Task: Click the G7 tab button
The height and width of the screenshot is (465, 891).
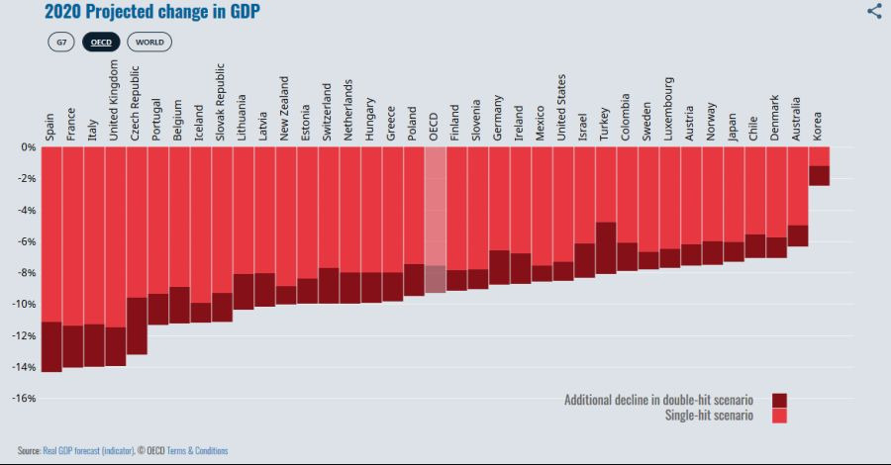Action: point(61,42)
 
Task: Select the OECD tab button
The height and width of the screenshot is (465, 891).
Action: point(101,42)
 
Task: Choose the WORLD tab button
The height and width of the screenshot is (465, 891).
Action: point(149,42)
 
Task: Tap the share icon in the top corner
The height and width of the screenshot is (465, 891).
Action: point(874,11)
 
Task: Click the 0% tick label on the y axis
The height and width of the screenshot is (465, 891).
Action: point(29,147)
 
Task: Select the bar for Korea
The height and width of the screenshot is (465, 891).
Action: point(819,165)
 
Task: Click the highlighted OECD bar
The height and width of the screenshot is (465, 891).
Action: point(435,218)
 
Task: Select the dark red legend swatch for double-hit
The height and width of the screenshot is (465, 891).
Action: point(779,400)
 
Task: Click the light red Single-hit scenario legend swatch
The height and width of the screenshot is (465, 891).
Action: point(779,416)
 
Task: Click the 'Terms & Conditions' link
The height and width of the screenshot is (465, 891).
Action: point(197,451)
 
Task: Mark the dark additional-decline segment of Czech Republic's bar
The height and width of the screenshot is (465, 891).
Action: point(137,325)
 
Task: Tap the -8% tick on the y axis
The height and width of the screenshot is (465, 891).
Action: point(26,273)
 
